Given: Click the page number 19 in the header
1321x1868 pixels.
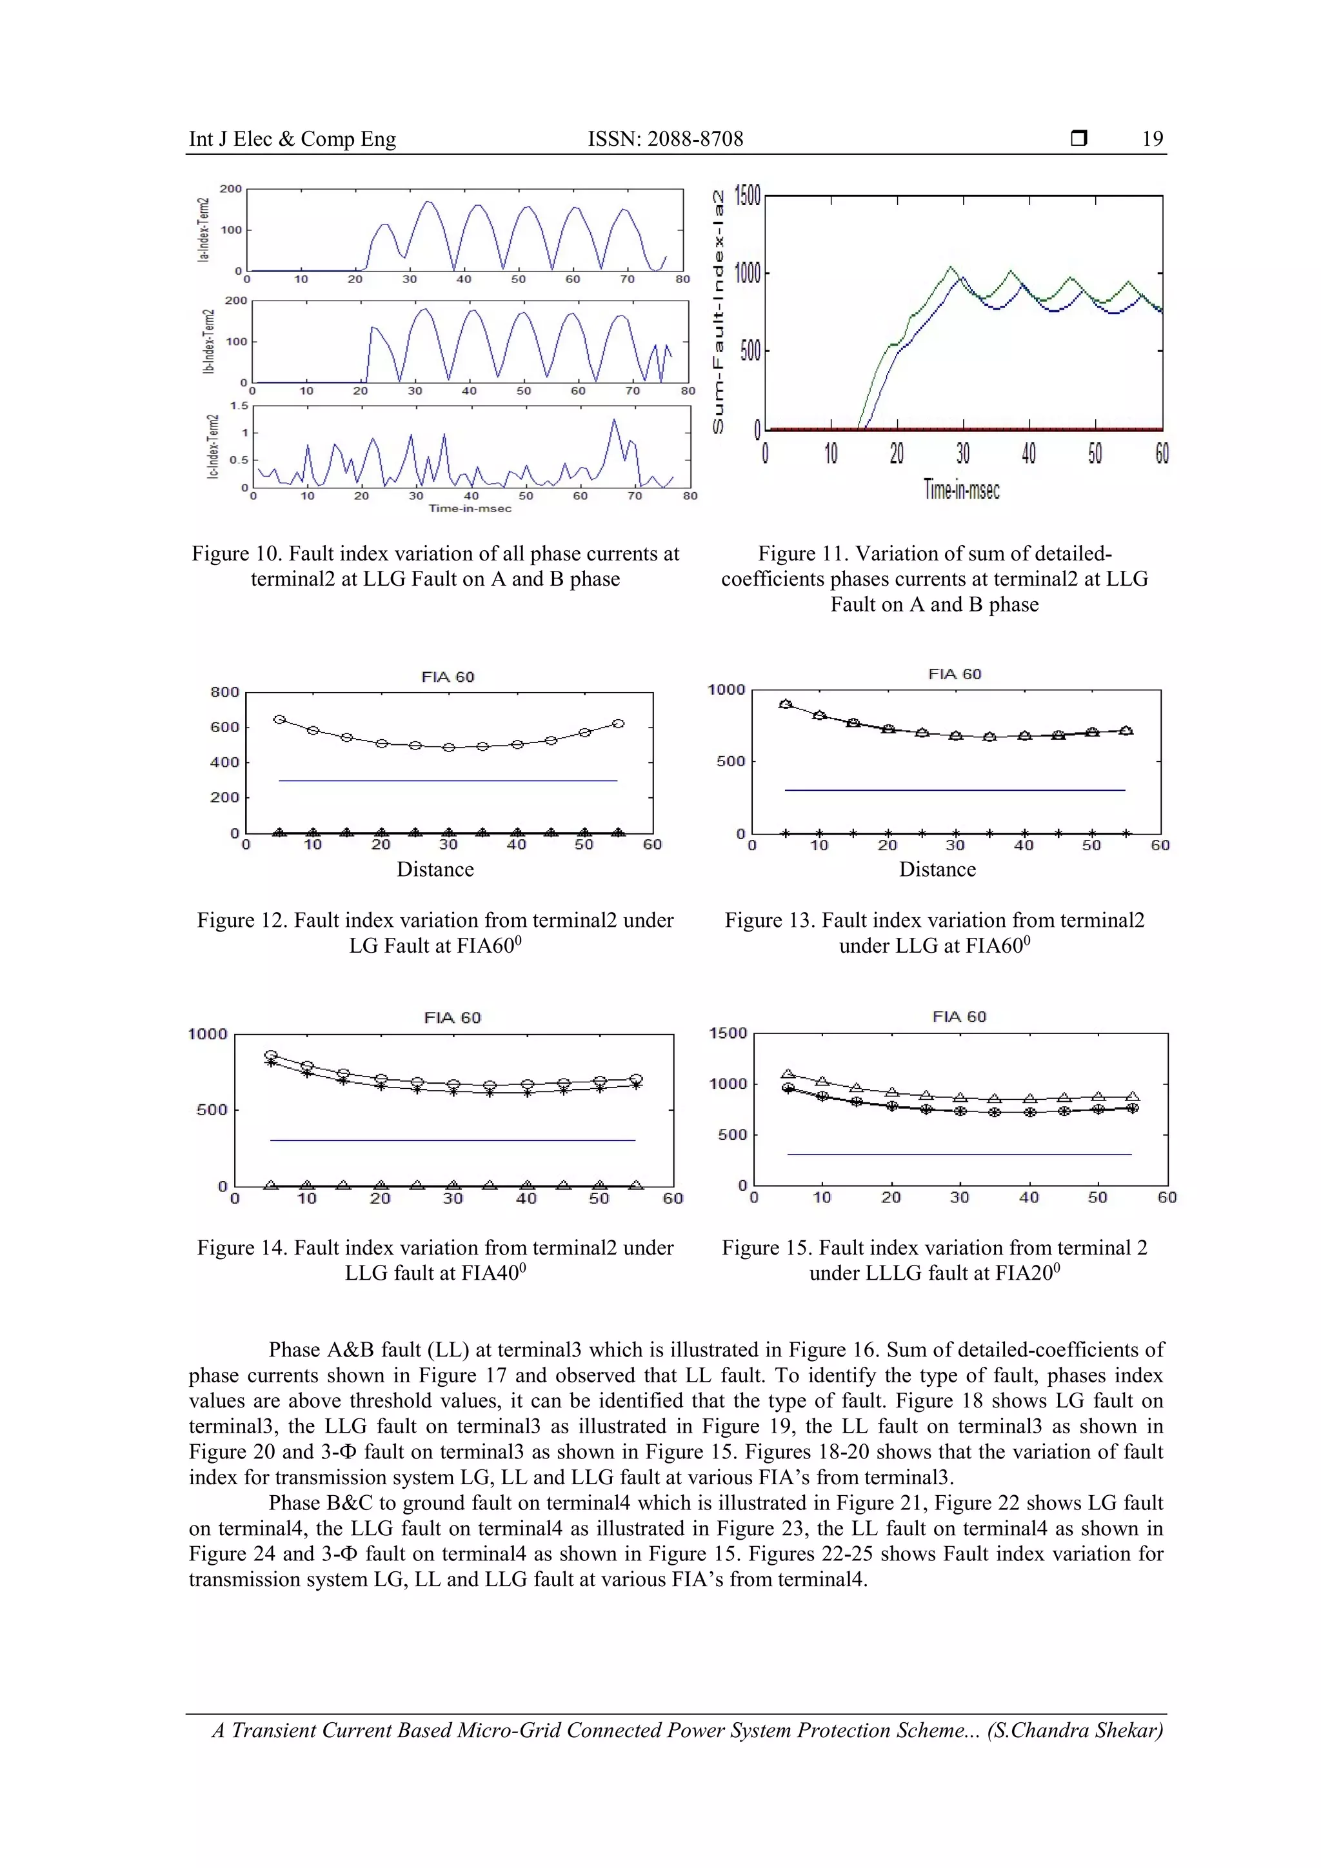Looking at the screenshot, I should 1152,139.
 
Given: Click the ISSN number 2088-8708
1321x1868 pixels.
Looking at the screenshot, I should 695,139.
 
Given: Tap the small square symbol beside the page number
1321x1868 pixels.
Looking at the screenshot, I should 1078,138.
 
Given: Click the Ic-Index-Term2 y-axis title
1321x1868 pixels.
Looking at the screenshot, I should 212,446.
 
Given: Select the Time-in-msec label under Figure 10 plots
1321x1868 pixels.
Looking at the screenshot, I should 470,508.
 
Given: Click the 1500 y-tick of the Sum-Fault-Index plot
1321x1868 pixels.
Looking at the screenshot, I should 747,196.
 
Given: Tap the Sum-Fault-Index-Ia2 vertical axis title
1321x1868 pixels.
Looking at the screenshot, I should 719,312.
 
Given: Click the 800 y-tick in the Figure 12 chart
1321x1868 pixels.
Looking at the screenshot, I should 224,692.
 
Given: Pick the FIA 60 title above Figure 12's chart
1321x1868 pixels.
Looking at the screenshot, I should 448,677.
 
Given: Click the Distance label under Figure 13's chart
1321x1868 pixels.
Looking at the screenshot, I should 937,869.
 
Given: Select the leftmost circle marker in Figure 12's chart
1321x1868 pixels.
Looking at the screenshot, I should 279,720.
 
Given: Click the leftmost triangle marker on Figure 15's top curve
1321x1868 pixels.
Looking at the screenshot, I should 788,1074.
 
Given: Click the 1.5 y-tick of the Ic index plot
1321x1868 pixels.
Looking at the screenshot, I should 238,406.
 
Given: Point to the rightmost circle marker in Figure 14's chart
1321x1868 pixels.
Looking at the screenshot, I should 636,1079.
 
